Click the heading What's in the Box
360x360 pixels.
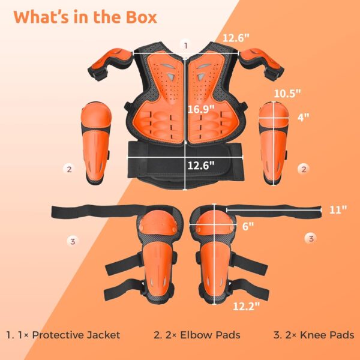[85, 17]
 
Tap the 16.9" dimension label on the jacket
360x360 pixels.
[201, 109]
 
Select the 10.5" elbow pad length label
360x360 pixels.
[287, 93]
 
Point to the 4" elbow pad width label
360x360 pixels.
[303, 118]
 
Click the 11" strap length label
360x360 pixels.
[338, 209]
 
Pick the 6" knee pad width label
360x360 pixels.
[248, 226]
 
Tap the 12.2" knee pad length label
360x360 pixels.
[247, 306]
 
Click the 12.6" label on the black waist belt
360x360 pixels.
[201, 165]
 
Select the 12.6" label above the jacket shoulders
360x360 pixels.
[236, 38]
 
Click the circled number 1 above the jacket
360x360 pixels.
[186, 45]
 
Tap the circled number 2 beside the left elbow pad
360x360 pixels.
[70, 169]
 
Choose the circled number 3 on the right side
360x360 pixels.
[311, 238]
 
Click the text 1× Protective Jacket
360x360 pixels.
[63, 335]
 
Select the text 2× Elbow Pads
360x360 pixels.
[197, 335]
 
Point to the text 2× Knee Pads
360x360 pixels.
[314, 335]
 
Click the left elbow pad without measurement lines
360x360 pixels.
[96, 143]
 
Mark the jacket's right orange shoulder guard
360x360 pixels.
[262, 62]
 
